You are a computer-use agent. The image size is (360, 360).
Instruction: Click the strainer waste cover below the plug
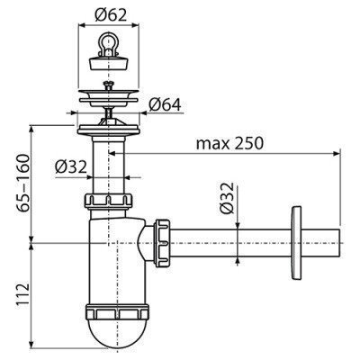coord(111,90)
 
